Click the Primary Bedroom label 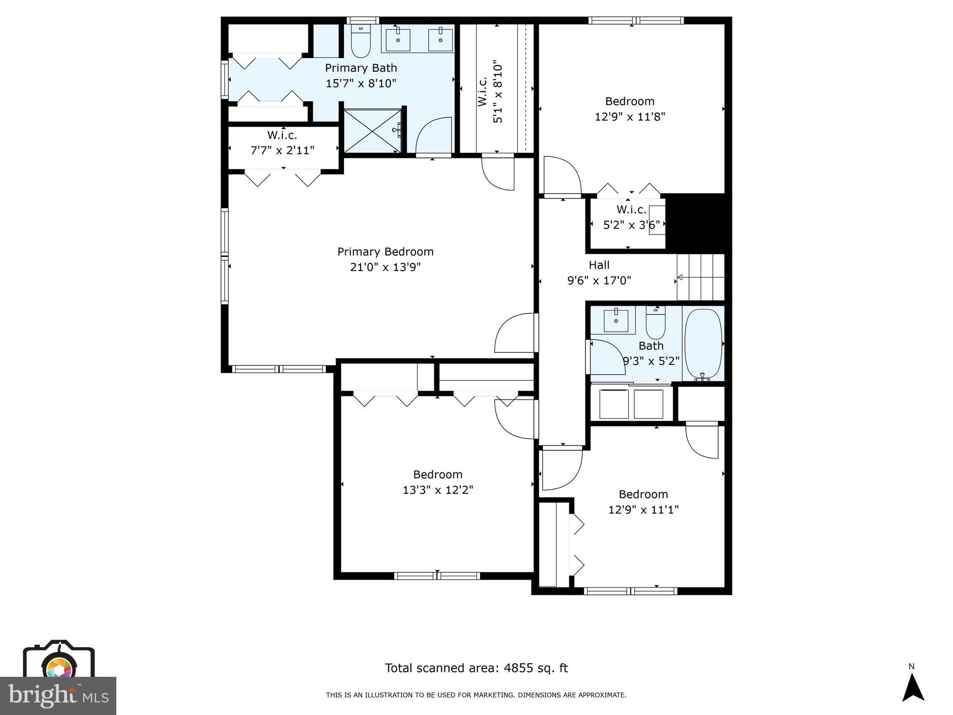(385, 252)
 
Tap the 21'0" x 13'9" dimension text (385, 267)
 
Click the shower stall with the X (372, 131)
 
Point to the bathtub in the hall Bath (703, 343)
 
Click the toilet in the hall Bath (656, 323)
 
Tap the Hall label (599, 265)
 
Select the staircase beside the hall (701, 277)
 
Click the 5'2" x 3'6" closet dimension (631, 225)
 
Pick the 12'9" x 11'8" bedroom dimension (630, 117)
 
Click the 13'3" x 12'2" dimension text (437, 490)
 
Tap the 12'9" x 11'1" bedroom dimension (643, 510)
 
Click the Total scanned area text (476, 668)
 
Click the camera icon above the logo (59, 661)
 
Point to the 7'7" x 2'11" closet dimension (282, 150)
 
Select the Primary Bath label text (361, 68)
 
